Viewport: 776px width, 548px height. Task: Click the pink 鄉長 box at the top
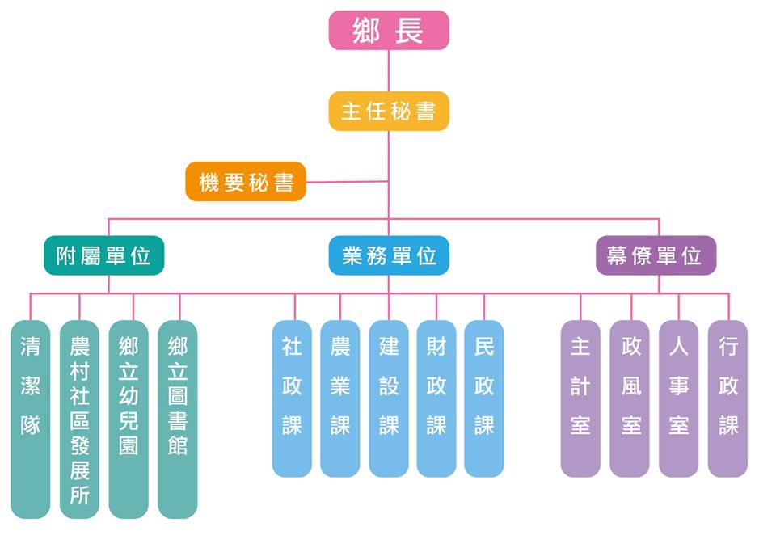click(x=389, y=31)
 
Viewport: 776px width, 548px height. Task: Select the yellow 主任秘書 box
click(x=389, y=111)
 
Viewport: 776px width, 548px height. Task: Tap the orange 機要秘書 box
click(x=246, y=182)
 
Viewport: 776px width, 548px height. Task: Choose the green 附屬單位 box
click(x=103, y=255)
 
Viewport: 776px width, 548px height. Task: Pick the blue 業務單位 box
click(x=389, y=255)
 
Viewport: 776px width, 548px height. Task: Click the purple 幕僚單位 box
click(x=656, y=255)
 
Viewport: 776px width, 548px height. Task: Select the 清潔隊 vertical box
click(x=31, y=419)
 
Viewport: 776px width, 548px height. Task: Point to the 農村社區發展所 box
click(x=79, y=419)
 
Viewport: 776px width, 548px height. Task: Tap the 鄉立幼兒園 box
click(x=129, y=419)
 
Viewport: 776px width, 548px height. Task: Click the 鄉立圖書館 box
click(x=178, y=419)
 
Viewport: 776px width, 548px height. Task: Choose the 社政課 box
click(x=292, y=398)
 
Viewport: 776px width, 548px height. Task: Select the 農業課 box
click(x=340, y=398)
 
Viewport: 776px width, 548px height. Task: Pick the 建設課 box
click(x=389, y=398)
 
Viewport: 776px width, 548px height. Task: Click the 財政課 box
click(x=436, y=398)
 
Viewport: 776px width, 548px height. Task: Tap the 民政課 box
click(x=484, y=398)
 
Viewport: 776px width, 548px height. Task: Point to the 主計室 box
click(x=580, y=398)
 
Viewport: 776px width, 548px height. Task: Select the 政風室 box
click(x=630, y=398)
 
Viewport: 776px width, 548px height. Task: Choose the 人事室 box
click(x=679, y=398)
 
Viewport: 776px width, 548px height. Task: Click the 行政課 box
click(x=728, y=398)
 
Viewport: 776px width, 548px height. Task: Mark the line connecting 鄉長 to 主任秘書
click(x=389, y=71)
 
